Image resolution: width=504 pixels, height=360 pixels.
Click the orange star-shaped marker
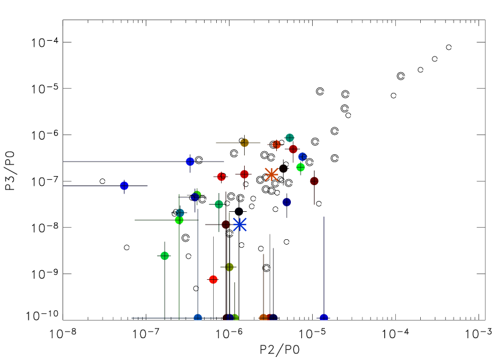(x=271, y=174)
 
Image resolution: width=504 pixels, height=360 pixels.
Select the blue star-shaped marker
(x=240, y=225)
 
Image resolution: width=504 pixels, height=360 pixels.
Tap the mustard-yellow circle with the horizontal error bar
(x=244, y=143)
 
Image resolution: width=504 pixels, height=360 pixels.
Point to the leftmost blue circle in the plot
(x=124, y=186)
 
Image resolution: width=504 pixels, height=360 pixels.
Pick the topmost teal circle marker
(x=290, y=138)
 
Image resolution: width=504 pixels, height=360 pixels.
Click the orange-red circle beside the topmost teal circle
(x=276, y=144)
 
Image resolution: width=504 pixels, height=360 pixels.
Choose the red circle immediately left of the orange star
(x=244, y=174)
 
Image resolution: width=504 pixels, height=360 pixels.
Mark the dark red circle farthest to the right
(x=314, y=181)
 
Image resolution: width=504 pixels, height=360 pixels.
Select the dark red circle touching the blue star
(x=226, y=225)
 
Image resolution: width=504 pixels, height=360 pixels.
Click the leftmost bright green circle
(x=165, y=256)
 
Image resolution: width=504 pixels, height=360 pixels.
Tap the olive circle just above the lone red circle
(x=229, y=267)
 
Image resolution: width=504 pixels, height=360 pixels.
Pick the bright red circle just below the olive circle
(x=213, y=279)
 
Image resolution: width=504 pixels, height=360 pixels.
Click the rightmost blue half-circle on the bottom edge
(x=324, y=318)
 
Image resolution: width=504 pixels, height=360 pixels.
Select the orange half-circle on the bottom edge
(x=263, y=318)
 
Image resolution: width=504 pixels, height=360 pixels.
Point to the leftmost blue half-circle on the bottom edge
(x=198, y=318)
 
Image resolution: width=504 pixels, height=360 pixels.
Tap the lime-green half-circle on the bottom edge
(x=235, y=318)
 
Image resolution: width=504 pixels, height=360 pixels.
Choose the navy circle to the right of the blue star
(x=287, y=202)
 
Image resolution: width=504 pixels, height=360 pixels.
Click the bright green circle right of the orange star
(x=301, y=167)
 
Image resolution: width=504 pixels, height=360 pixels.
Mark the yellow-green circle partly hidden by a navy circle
(x=198, y=194)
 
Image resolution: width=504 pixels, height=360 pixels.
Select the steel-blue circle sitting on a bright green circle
(x=180, y=212)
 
